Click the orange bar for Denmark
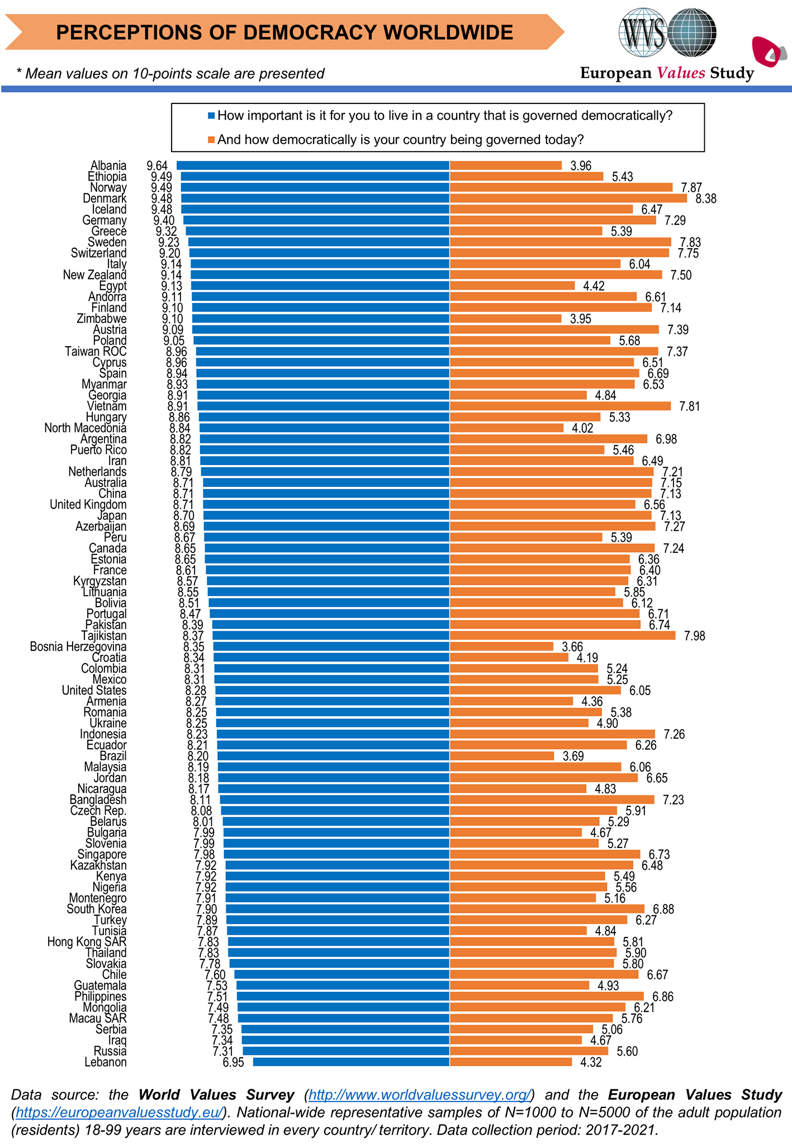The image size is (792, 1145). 568,198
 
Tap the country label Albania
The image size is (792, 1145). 108,165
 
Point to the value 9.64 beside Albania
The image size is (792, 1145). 157,165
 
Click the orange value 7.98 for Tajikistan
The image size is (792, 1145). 694,636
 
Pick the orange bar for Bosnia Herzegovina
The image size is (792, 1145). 501,646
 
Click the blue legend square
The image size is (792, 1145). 211,116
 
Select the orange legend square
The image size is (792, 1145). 211,140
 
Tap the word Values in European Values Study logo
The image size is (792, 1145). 681,73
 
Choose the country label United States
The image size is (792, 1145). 94,690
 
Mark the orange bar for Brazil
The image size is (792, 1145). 502,756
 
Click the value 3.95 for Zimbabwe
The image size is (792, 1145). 580,319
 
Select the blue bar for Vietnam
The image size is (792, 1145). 323,406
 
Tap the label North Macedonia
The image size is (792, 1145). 86,428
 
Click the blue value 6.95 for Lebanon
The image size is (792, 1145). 233,1062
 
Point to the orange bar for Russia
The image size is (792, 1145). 529,1051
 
